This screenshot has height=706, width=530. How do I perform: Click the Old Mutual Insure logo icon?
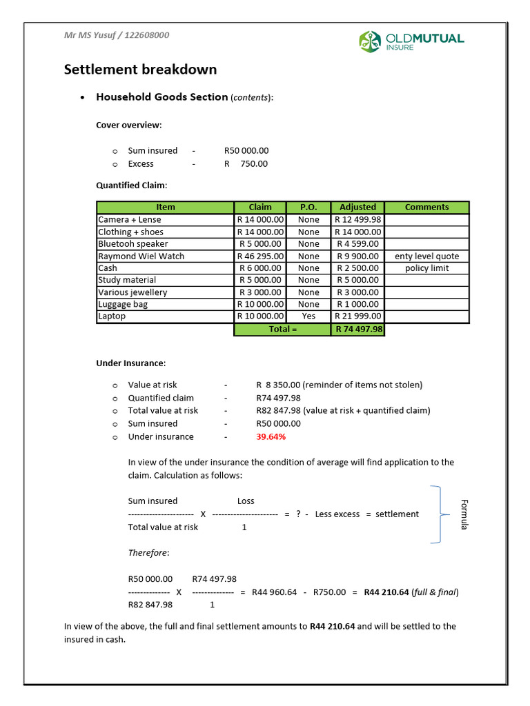(x=369, y=41)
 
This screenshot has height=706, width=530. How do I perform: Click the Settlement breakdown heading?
(x=140, y=70)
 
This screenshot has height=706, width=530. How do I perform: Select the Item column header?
(x=166, y=207)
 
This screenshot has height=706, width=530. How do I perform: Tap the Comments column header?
(x=426, y=207)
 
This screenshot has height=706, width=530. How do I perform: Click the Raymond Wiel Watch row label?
(x=141, y=256)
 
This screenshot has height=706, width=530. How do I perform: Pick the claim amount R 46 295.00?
(x=260, y=256)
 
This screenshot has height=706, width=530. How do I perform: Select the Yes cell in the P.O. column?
(x=308, y=316)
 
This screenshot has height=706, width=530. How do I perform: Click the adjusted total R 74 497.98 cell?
(x=357, y=330)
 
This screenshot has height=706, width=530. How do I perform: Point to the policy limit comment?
(x=426, y=268)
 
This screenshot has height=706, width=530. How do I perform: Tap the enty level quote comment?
(x=426, y=256)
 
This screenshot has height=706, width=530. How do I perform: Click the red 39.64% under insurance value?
(x=271, y=436)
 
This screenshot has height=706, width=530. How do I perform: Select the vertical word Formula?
(x=464, y=514)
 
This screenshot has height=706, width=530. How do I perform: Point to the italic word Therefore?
(x=148, y=553)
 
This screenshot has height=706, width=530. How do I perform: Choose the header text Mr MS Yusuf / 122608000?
(x=117, y=35)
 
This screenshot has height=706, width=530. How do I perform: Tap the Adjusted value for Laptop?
(x=357, y=316)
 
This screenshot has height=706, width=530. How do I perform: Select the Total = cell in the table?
(x=282, y=330)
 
